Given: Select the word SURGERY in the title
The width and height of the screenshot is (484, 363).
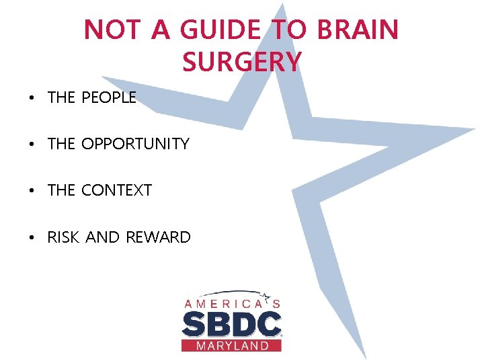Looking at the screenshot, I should point(241,62).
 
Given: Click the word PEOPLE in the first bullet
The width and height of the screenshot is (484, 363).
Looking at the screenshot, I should point(108,97).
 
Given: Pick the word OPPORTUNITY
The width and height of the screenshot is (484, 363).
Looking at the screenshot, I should point(135,144).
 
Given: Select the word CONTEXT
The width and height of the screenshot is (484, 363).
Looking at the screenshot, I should point(116,190).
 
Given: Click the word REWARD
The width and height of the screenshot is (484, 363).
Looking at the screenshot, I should point(158,237).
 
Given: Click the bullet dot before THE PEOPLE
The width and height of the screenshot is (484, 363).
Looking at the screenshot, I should point(32,99).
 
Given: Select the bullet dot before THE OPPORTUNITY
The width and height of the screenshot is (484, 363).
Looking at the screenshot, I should point(32,145).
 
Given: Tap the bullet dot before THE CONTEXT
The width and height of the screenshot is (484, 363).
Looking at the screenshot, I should point(32,192).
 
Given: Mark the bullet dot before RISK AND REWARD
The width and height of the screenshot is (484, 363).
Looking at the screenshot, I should point(32,238).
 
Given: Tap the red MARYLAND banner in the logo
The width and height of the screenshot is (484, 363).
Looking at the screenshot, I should point(231,346).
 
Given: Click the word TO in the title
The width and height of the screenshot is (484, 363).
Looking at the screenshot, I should point(286,30).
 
